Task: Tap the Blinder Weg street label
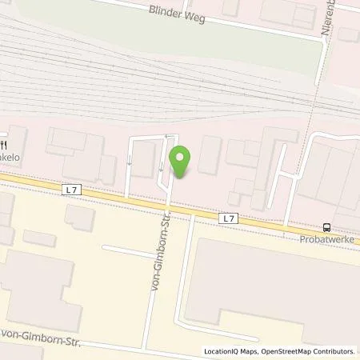tap(177, 13)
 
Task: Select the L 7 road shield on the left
tap(74, 190)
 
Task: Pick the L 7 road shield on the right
tap(229, 217)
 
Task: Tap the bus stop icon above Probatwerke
tap(326, 226)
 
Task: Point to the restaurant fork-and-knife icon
tap(6, 145)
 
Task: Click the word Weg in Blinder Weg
tap(194, 15)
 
